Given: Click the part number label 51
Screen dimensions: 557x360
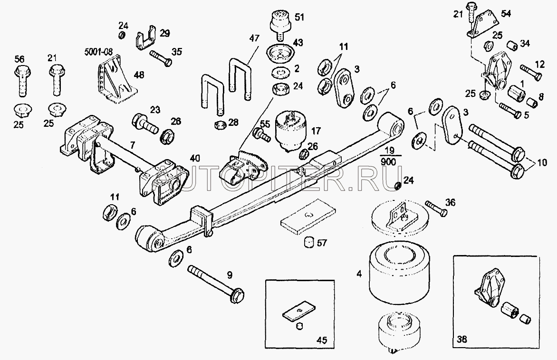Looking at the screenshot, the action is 299,17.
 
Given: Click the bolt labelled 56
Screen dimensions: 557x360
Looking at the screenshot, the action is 21,81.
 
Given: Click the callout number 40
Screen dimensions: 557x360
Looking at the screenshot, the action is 195,158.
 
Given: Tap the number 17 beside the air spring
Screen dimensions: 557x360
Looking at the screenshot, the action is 316,131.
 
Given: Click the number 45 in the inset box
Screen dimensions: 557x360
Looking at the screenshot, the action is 321,340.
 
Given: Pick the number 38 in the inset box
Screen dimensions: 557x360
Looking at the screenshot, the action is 462,340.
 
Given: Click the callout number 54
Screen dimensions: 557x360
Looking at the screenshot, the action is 506,13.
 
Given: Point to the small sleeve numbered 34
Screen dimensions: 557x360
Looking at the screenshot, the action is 512,46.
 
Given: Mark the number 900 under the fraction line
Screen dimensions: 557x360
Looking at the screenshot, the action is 387,162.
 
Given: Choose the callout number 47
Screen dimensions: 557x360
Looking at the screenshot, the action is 254,38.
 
